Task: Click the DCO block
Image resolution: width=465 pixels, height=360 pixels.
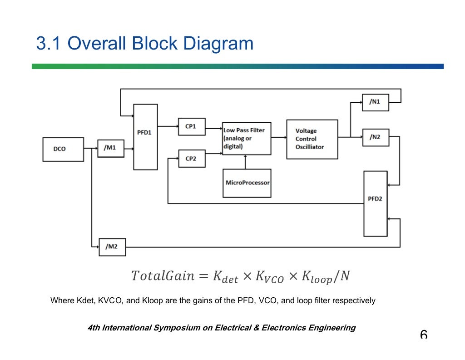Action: (63, 149)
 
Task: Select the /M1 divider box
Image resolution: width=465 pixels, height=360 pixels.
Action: (111, 148)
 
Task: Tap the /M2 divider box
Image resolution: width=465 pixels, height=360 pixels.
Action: (112, 247)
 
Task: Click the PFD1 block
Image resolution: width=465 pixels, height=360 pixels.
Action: (145, 137)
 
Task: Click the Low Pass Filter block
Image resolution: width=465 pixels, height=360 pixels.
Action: (247, 139)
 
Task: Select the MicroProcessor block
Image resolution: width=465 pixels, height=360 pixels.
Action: (247, 183)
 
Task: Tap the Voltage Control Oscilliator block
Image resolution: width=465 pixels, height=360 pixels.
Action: (312, 139)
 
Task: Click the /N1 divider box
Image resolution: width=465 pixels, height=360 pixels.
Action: (376, 102)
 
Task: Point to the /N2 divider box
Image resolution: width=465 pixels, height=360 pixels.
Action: (376, 137)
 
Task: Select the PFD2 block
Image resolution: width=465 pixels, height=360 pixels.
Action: (376, 204)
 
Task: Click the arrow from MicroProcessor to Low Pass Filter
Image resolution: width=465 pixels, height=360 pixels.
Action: (246, 162)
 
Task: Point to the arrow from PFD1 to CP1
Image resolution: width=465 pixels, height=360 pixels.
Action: (168, 126)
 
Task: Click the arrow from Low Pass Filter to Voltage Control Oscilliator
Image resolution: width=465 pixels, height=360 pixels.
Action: (278, 138)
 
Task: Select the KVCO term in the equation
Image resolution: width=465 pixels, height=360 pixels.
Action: (270, 277)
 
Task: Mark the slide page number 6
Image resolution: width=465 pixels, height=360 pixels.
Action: (424, 335)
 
